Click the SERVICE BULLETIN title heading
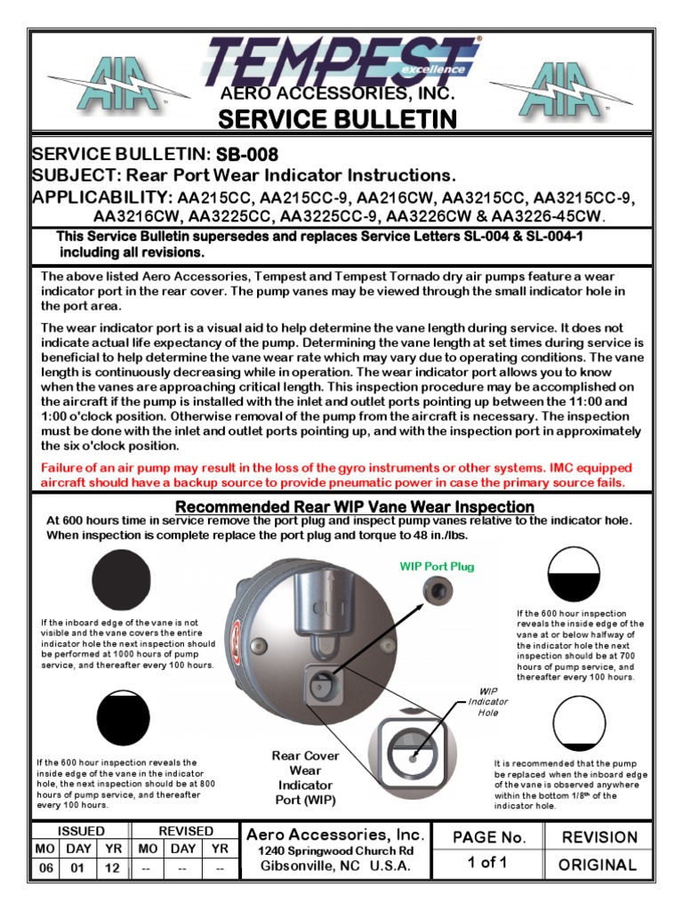point(338,119)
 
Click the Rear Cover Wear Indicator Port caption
point(305,778)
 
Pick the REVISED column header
point(185,831)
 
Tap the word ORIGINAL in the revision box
point(597,864)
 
